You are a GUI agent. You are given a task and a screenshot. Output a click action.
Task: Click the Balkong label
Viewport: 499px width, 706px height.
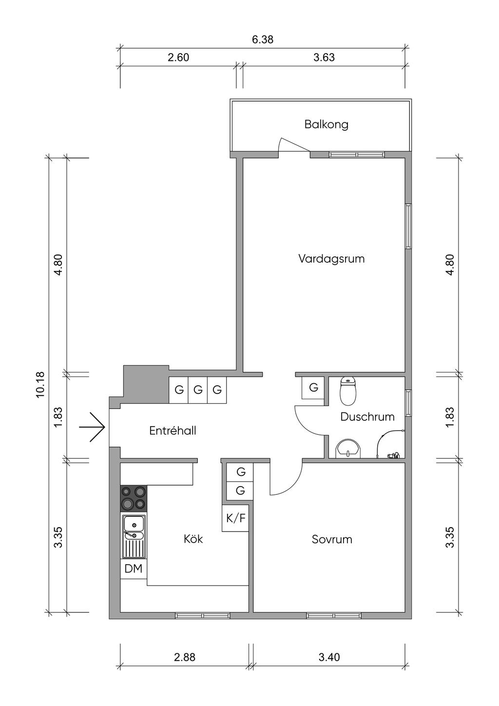coord(326,124)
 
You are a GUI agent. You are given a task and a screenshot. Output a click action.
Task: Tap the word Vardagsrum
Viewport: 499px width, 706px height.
coord(331,259)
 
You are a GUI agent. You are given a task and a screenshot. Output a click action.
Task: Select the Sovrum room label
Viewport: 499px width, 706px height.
coord(332,539)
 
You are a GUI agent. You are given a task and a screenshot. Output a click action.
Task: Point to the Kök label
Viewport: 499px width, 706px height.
coord(193,539)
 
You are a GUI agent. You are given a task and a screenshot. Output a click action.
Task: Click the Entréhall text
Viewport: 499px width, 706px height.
coord(173,431)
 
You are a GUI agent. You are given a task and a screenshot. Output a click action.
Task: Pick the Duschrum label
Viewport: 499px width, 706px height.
coord(367,417)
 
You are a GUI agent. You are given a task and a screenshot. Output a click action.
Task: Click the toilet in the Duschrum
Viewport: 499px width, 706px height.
coord(348,391)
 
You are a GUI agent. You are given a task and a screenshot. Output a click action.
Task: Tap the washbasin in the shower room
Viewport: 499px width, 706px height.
coord(348,449)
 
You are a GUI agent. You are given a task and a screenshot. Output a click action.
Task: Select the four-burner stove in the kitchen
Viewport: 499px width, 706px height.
coord(134,498)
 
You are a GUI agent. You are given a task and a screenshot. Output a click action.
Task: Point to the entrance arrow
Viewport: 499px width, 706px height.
coord(92,427)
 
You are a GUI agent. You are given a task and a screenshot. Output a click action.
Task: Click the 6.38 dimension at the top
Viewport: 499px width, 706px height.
coord(263,39)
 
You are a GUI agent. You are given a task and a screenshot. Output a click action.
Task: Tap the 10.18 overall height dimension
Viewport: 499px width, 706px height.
coord(41,385)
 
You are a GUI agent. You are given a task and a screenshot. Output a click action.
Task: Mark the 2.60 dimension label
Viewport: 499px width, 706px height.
coord(178,58)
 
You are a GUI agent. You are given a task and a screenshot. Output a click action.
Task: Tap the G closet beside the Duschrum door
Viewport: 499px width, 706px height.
coord(313,387)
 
